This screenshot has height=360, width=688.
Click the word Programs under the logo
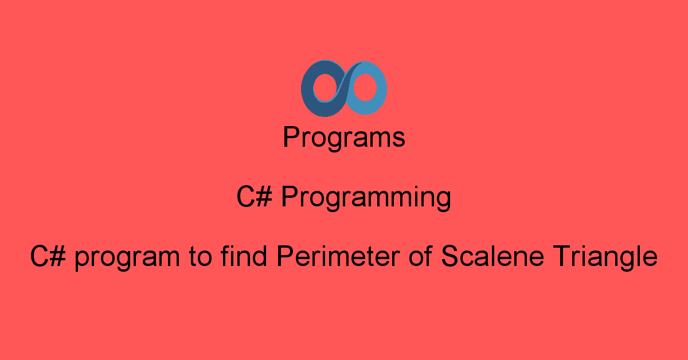344,138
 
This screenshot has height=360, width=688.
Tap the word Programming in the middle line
366,198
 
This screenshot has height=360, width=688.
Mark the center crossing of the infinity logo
343,88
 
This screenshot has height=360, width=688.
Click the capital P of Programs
290,138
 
